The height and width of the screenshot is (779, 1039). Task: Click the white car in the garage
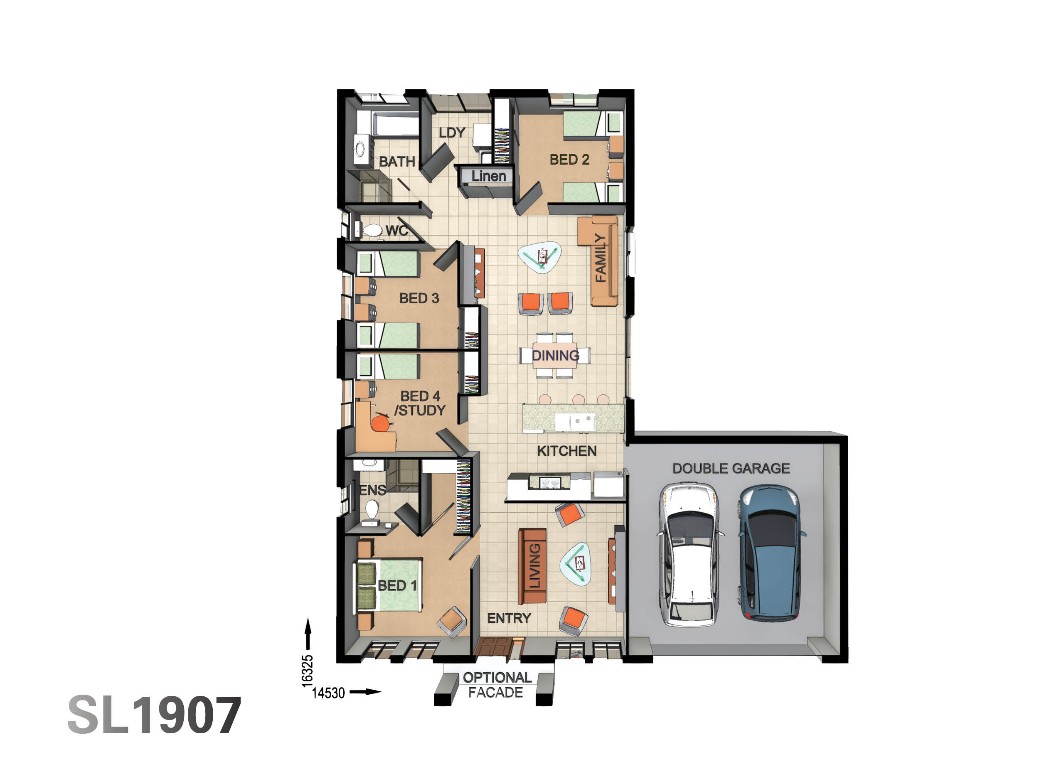690,555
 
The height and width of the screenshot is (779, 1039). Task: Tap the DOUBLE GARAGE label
731,468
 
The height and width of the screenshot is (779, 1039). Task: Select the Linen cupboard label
488,176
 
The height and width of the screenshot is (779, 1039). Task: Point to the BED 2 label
569,160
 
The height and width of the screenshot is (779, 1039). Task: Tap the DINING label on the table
555,356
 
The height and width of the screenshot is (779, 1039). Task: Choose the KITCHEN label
566,451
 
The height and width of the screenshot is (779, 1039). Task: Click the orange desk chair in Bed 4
381,423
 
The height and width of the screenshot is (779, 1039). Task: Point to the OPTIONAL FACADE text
497,685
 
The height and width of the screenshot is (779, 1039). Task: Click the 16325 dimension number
307,671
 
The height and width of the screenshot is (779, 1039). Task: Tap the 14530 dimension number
328,693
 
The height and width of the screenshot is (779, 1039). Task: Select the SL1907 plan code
154,715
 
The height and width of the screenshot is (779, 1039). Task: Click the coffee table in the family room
540,256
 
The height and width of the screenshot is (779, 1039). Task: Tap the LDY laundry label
452,133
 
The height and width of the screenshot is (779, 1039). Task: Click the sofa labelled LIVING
532,566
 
